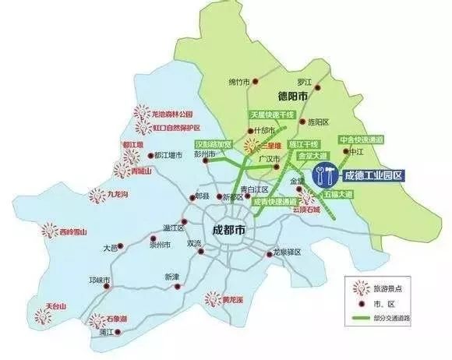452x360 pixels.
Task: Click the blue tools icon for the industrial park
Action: [x=324, y=176]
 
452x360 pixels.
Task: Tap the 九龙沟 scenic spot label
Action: [x=125, y=193]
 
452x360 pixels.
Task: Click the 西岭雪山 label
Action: [x=71, y=232]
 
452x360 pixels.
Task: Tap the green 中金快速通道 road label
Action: [x=362, y=140]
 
